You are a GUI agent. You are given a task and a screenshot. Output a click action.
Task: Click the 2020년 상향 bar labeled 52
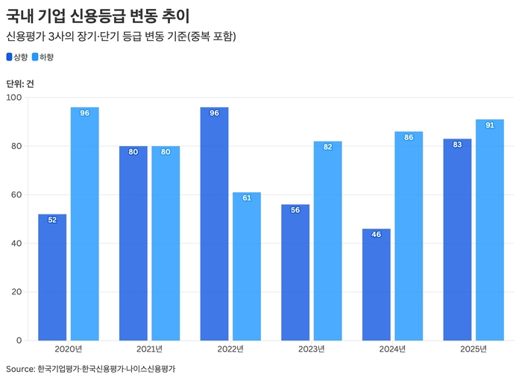[52, 277]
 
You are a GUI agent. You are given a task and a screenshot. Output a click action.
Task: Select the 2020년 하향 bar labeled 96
[85, 224]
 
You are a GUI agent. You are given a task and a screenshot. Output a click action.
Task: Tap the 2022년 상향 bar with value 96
[214, 224]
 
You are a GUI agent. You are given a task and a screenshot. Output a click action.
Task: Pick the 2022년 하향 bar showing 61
[247, 266]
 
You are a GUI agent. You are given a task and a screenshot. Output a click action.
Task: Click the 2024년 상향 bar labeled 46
[376, 285]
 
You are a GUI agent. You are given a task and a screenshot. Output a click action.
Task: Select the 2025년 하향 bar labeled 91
[489, 229]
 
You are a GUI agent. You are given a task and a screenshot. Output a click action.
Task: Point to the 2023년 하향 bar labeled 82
[327, 241]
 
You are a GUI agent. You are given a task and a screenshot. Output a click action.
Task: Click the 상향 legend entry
[17, 57]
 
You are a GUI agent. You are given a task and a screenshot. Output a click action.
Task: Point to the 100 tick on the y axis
[14, 98]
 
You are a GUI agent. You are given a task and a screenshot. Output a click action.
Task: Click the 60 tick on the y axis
[16, 195]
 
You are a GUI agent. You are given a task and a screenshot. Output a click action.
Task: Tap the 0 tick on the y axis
[19, 341]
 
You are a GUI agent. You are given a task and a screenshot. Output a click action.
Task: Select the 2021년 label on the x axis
[150, 349]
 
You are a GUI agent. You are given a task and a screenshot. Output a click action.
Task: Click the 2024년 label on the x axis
[392, 349]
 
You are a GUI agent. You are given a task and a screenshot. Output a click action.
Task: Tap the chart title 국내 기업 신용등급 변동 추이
[98, 16]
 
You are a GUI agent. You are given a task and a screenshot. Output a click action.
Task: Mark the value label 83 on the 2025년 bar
[457, 145]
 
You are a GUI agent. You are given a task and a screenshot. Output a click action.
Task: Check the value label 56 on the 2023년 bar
[295, 210]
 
